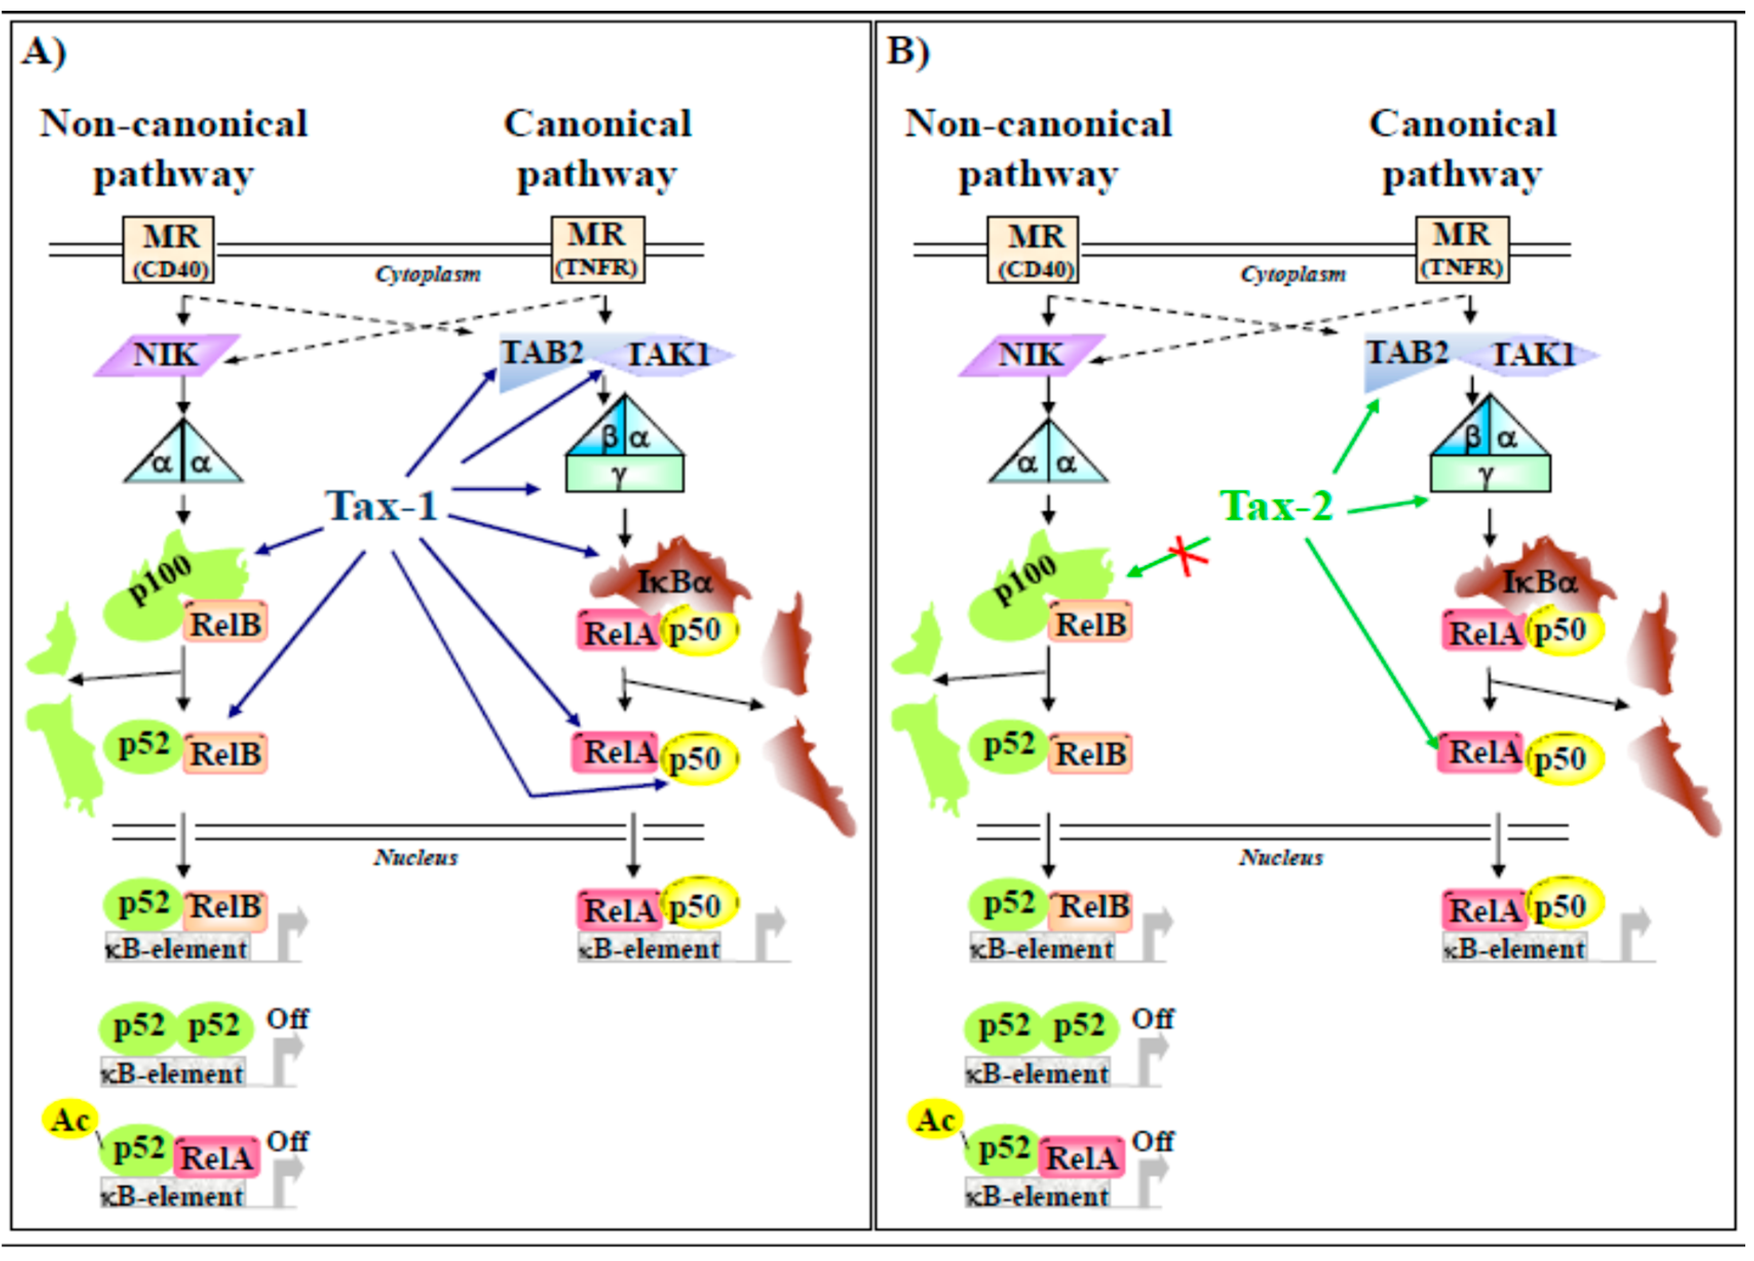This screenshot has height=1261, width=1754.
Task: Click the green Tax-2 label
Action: [1277, 507]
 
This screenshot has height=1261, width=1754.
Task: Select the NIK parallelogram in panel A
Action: [167, 355]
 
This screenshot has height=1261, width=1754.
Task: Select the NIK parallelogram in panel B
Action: [1032, 355]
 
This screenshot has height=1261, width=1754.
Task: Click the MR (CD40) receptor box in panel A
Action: [168, 249]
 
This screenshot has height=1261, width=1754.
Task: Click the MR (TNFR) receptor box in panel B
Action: [1462, 249]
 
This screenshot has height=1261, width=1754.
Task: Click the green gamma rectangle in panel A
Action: [624, 474]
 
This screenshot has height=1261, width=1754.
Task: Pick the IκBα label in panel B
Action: [1539, 581]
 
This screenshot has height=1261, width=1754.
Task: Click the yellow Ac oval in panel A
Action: [70, 1119]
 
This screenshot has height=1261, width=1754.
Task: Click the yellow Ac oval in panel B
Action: [935, 1119]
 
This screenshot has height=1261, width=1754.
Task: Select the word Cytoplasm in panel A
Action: [428, 275]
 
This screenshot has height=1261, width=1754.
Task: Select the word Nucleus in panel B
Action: [1281, 857]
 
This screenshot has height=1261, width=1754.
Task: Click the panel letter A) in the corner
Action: [44, 52]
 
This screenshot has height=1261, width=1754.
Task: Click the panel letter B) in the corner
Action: [908, 52]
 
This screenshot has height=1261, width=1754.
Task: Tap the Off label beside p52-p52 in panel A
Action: [287, 1019]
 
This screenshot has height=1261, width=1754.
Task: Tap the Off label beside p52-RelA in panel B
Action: [1152, 1141]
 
